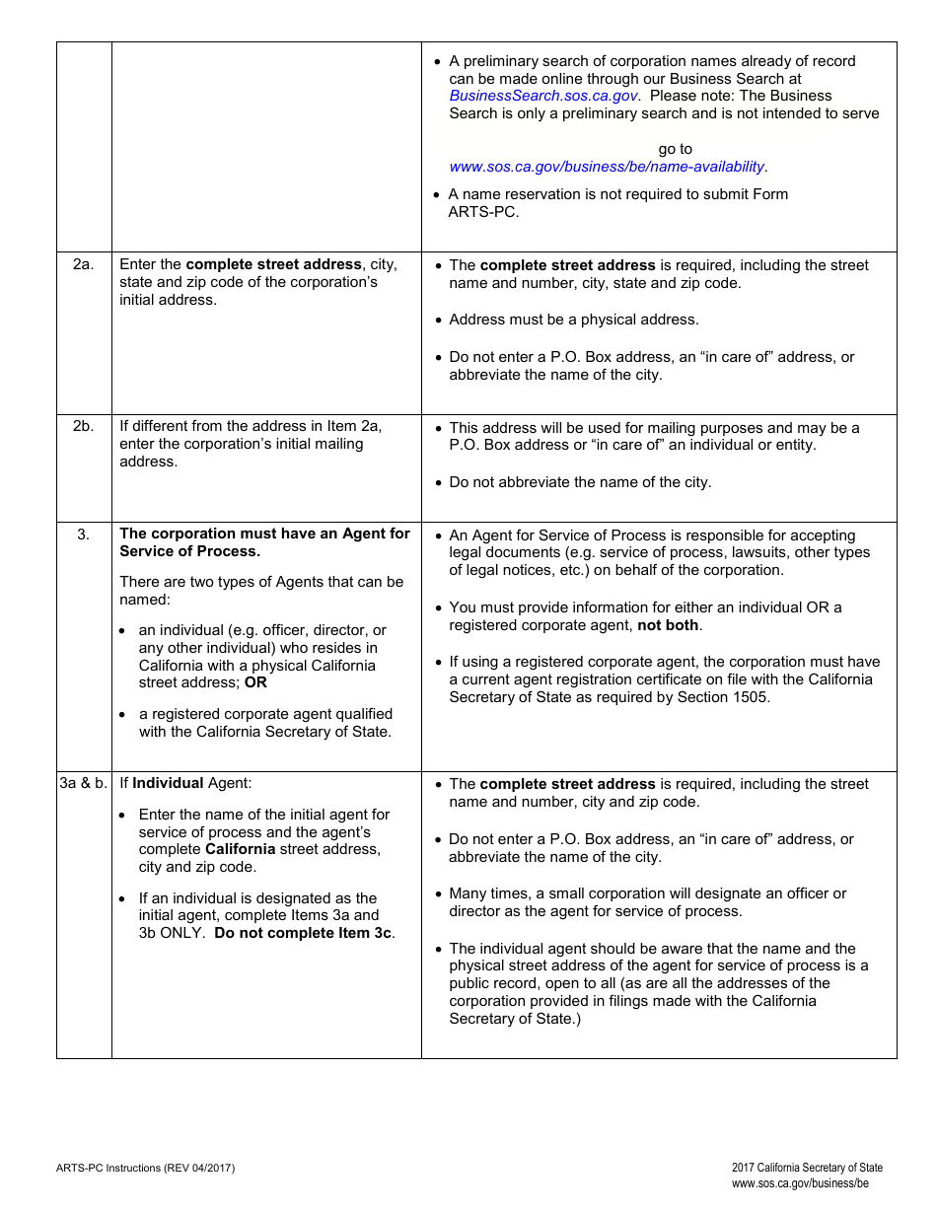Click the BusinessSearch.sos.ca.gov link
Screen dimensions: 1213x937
point(542,96)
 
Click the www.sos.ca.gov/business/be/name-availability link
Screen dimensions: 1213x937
point(607,167)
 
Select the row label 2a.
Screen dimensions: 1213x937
point(84,264)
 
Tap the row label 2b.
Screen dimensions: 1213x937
point(84,426)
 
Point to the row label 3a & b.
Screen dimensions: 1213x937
point(84,783)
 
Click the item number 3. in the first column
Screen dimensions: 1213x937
point(84,534)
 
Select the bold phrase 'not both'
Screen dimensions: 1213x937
point(668,625)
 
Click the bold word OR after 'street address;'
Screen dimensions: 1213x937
point(255,682)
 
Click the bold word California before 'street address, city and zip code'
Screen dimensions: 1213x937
point(240,849)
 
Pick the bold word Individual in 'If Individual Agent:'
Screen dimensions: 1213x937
point(168,783)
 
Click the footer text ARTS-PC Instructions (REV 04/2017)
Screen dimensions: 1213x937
point(145,1168)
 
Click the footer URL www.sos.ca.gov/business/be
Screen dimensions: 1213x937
point(800,1183)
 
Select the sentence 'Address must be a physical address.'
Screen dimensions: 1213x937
point(573,320)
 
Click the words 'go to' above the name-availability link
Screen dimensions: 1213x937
point(676,149)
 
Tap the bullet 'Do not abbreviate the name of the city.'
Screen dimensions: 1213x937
point(580,482)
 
